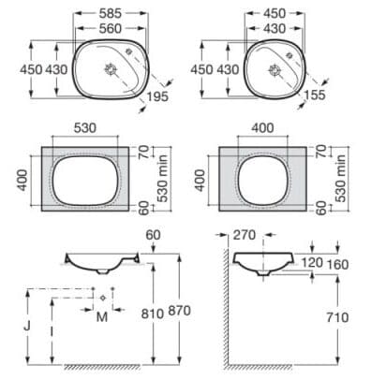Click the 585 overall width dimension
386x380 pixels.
(111, 14)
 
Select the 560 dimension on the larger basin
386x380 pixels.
(111, 29)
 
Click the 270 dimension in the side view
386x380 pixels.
(246, 237)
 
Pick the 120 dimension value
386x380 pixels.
(313, 265)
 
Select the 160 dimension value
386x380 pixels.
(338, 265)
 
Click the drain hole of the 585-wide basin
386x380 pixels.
(112, 68)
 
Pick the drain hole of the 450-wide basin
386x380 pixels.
(277, 68)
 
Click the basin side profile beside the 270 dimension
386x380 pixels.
(262, 261)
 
